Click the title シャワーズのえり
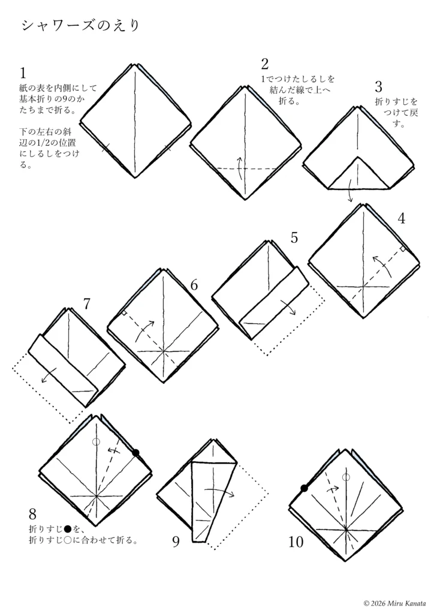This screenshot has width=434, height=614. (80, 25)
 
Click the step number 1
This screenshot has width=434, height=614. (23, 73)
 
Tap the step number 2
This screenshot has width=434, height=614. (266, 64)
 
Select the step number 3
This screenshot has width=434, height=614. (378, 87)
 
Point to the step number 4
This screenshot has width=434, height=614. (401, 218)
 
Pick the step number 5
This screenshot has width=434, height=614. (294, 237)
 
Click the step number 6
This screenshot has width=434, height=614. (194, 285)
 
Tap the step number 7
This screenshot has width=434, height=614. (87, 303)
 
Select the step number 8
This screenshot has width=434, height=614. (32, 513)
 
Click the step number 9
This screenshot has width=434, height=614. (176, 541)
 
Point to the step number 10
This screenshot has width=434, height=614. (296, 542)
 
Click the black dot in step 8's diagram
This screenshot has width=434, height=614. (136, 453)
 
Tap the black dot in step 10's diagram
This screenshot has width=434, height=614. (305, 488)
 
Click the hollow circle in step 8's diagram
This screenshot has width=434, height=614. (96, 442)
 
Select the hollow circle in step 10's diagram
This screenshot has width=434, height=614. (346, 477)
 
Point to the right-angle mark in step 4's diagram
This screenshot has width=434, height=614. (403, 249)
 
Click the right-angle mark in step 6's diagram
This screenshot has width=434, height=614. (123, 313)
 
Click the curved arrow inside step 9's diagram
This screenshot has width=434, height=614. (219, 491)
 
